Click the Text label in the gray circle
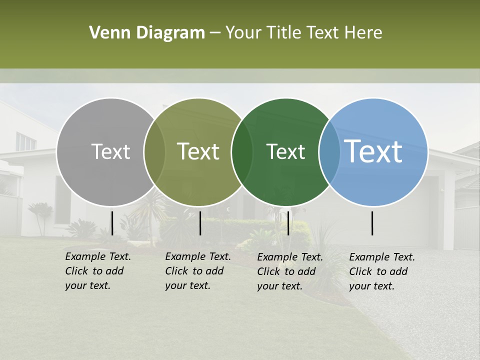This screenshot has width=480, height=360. click(110, 151)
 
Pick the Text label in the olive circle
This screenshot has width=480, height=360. click(198, 151)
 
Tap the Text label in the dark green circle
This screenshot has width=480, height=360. click(285, 151)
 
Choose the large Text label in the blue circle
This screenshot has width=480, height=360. click(373, 151)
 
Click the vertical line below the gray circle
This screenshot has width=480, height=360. click(112, 223)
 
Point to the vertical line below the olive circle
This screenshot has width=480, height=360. click(200, 223)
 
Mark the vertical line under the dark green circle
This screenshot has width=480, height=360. click(288, 223)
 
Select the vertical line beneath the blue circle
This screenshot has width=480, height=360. click(372, 223)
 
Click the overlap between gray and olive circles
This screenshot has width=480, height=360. click(154, 152)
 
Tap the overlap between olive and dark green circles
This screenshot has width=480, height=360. click(242, 152)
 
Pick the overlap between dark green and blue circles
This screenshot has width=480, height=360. click(329, 152)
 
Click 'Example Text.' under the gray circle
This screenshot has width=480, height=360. click(98, 256)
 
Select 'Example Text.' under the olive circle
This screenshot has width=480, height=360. click(198, 256)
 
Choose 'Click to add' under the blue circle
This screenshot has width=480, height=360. click(378, 271)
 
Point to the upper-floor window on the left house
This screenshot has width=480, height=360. click(25, 141)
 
